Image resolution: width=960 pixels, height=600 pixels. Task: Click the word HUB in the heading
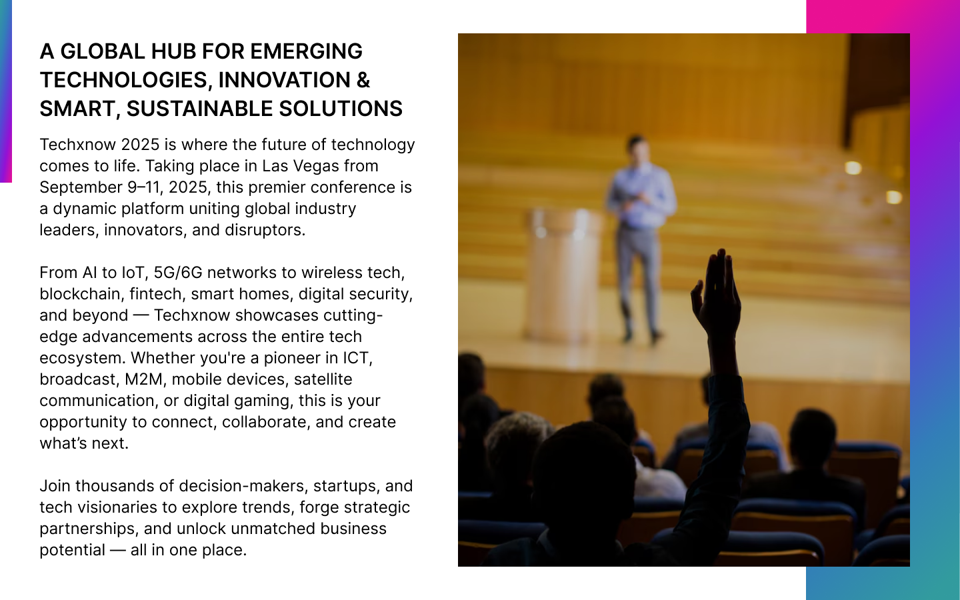point(173,51)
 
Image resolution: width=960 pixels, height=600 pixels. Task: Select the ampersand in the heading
point(363,80)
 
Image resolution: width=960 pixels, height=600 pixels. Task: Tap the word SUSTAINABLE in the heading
point(199,109)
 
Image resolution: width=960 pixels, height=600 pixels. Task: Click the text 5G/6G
point(178,273)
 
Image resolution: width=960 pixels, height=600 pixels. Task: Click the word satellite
point(323,379)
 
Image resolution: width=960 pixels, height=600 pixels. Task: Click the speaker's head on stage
point(637,149)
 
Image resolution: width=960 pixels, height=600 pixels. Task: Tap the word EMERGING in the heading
point(306,51)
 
